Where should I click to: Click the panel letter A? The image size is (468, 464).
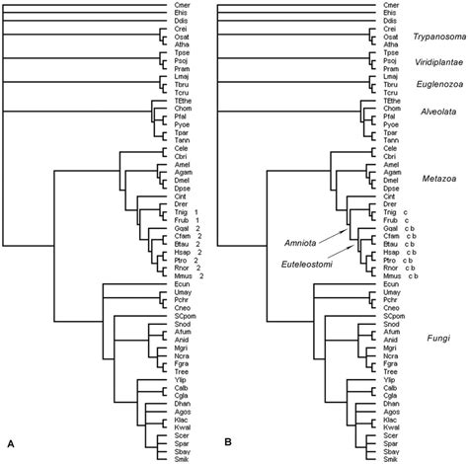tap(10, 451)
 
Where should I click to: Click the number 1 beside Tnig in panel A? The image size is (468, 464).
tap(196, 213)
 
